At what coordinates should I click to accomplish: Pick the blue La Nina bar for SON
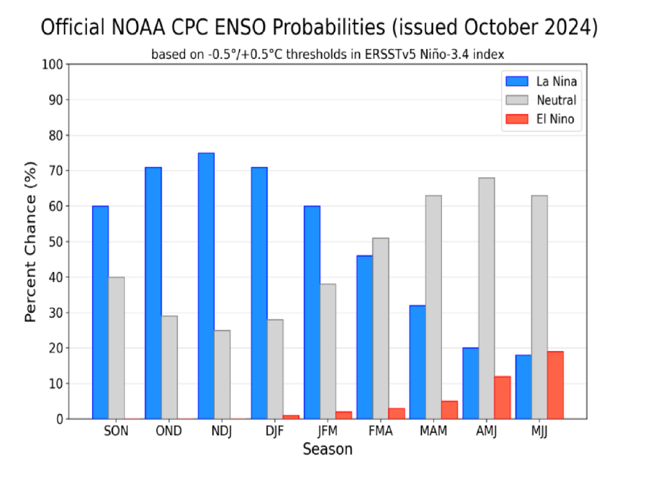pyautogui.click(x=100, y=312)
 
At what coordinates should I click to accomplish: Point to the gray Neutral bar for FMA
pyautogui.click(x=381, y=328)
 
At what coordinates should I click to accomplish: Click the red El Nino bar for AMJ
pyautogui.click(x=502, y=398)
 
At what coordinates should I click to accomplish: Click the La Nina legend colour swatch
pyautogui.click(x=517, y=81)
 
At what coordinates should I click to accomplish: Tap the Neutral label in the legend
pyautogui.click(x=556, y=100)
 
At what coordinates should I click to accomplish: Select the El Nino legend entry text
pyautogui.click(x=555, y=119)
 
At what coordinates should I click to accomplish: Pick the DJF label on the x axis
pyautogui.click(x=275, y=431)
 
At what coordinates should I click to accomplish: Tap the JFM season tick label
pyautogui.click(x=328, y=431)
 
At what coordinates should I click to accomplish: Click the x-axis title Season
pyautogui.click(x=327, y=449)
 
